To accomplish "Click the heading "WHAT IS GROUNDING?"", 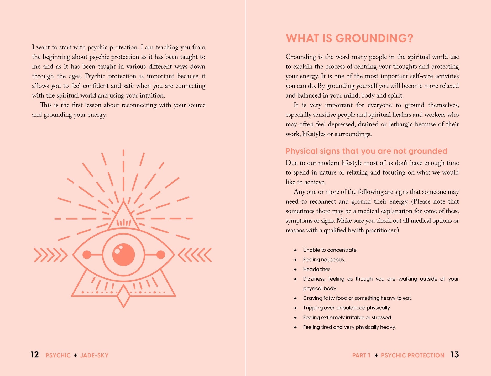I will tap(349, 38).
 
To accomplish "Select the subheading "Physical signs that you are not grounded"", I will tap(366, 151).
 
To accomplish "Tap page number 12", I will tap(35, 355).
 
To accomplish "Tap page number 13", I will tap(455, 355).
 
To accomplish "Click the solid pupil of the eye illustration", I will tap(123, 255).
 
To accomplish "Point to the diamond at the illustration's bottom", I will tap(123, 296).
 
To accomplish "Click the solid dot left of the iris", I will tap(87, 255).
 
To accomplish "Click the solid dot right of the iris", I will tap(161, 255).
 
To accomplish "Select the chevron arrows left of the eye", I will tap(50, 255).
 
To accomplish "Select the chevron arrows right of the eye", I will tap(195, 255).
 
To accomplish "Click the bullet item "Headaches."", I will tap(317, 269).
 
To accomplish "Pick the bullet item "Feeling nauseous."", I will tap(324, 260).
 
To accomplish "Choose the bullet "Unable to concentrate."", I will tap(330, 250).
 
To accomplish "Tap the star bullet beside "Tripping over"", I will tap(295, 308).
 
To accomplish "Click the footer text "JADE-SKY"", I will tap(94, 355).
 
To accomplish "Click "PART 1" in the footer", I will tap(361, 355).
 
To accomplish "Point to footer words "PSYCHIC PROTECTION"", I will tap(412, 355).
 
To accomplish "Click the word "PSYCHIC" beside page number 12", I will tap(58, 355).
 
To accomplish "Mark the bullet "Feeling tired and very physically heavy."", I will tap(349, 327).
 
